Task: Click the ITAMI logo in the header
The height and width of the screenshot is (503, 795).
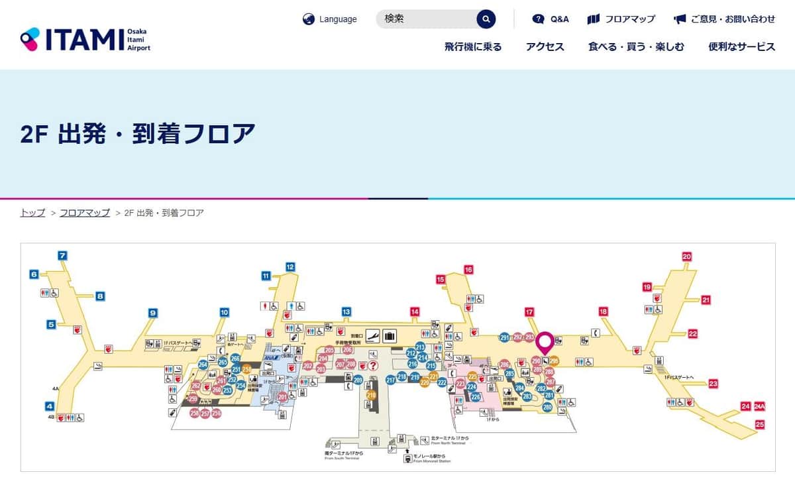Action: pos(85,39)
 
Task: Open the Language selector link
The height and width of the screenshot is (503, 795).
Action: pos(330,19)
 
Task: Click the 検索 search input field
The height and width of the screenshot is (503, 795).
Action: pos(427,19)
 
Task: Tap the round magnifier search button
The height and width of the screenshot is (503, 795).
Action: pos(486,19)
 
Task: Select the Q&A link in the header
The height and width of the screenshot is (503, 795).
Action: pos(551,19)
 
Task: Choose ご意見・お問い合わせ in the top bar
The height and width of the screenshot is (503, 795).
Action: pos(725,19)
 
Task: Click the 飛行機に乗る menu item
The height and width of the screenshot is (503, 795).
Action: pos(473,46)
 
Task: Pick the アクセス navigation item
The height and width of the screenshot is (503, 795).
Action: pos(545,46)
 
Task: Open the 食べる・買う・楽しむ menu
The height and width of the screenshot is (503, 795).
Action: pos(636,46)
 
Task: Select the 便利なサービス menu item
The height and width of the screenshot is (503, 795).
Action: pos(741,46)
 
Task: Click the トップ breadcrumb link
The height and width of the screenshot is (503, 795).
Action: pos(32,213)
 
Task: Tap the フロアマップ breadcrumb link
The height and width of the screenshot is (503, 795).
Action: pos(85,213)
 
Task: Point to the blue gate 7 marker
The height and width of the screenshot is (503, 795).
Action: pos(63,256)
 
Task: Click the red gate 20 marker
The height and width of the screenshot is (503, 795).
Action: pos(686,256)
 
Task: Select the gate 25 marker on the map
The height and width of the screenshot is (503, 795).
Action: pos(760,424)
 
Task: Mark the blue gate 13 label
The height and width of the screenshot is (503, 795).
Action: pos(346,311)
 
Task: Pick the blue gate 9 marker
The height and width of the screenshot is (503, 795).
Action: pos(152,313)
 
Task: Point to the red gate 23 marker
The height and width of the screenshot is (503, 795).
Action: pos(713,384)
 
